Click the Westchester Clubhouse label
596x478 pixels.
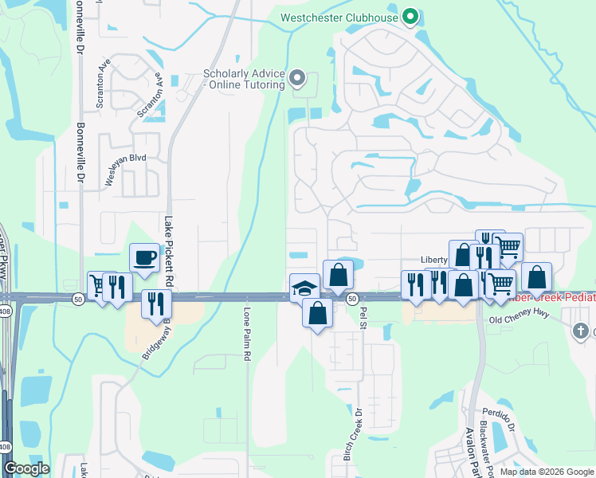click(x=341, y=17)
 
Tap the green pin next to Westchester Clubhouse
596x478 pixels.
click(x=410, y=16)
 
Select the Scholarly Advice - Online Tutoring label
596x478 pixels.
click(x=244, y=79)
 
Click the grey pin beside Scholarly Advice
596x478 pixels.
click(x=297, y=78)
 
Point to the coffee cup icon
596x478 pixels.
click(x=143, y=258)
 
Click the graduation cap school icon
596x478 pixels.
click(x=304, y=288)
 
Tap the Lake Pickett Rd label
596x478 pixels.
click(x=168, y=253)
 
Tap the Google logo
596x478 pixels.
click(x=26, y=468)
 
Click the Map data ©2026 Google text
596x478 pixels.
click(x=546, y=472)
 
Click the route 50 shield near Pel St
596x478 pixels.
click(x=351, y=297)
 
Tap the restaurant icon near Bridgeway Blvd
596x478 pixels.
click(x=155, y=303)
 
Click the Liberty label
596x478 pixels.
click(x=434, y=261)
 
